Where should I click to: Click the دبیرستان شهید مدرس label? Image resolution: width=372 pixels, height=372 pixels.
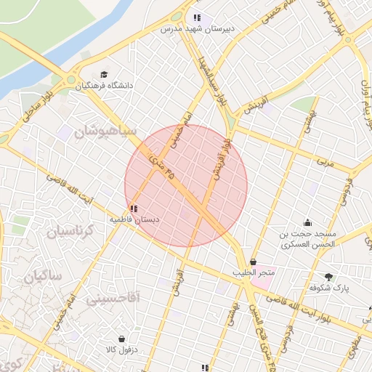(195, 29)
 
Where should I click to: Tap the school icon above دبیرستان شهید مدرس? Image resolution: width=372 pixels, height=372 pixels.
(196, 18)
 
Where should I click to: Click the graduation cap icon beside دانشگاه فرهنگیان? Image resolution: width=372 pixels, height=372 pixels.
(104, 75)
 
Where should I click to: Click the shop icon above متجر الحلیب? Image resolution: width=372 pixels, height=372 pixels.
(253, 262)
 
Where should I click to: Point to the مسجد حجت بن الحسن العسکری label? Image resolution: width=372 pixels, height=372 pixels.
(308, 240)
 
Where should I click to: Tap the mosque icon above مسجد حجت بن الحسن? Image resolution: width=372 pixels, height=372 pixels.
(308, 223)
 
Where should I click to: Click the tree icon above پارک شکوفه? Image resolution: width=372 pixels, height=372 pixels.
(329, 276)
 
